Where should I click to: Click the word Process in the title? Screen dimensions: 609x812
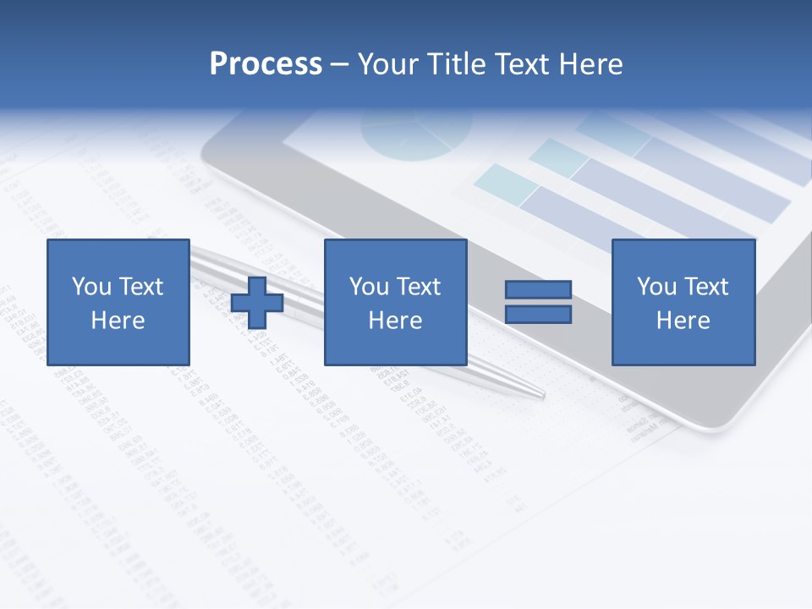266,64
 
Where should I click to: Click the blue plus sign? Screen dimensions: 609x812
257,303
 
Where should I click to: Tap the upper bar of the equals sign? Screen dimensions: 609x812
538,290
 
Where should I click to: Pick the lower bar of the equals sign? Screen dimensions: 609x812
538,315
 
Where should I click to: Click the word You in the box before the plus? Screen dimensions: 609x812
91,287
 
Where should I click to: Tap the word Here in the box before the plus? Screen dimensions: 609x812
118,321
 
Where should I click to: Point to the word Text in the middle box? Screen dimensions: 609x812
418,287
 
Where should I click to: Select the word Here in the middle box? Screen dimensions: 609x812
395,321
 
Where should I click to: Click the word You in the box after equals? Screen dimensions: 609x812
656,287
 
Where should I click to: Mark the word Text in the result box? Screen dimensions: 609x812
706,287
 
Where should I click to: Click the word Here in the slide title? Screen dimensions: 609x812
591,64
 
